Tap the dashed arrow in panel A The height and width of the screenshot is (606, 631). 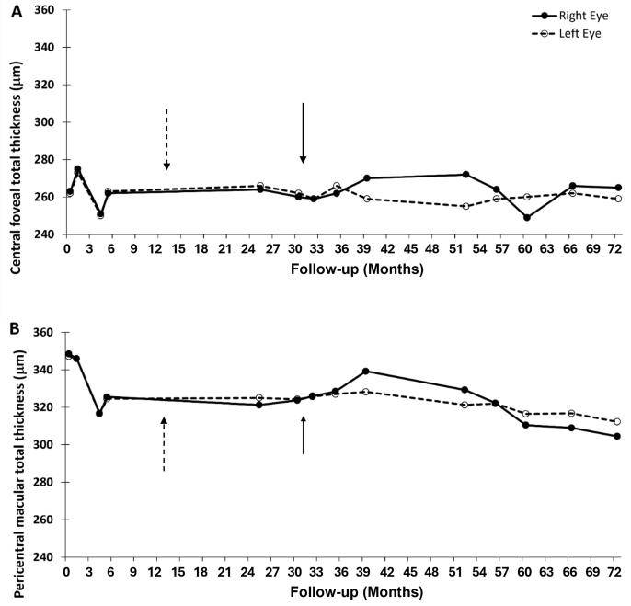point(166,139)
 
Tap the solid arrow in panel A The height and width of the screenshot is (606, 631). point(303,134)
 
